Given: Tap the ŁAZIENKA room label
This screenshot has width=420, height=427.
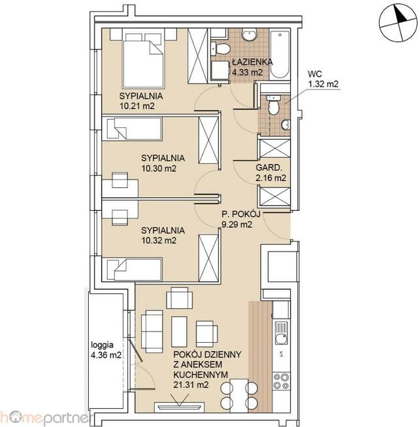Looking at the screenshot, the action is (253, 62).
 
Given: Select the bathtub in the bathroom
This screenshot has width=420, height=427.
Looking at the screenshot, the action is (280, 54).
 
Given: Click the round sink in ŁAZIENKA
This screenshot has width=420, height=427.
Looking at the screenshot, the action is (249, 35).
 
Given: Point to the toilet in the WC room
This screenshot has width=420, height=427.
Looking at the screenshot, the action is (274, 105).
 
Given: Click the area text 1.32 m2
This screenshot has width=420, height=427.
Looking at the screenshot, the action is (323, 84).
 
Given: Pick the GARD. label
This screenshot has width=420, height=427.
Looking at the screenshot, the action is (268, 168).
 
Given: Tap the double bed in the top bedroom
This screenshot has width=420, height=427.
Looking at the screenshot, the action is (143, 61).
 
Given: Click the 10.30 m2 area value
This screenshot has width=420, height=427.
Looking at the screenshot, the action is (159, 168).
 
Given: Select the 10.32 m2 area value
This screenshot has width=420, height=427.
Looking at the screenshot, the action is (159, 240).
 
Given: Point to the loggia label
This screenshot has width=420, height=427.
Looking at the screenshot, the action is (102, 345).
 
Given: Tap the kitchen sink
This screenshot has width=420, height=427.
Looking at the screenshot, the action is (281, 333).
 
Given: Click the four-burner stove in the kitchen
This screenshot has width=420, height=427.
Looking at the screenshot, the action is (281, 381).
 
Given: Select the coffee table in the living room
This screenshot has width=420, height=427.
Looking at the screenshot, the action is (179, 332).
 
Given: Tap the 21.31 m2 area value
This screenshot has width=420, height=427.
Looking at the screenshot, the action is (191, 385).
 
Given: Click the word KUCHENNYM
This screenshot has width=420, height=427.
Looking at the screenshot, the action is (201, 375).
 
